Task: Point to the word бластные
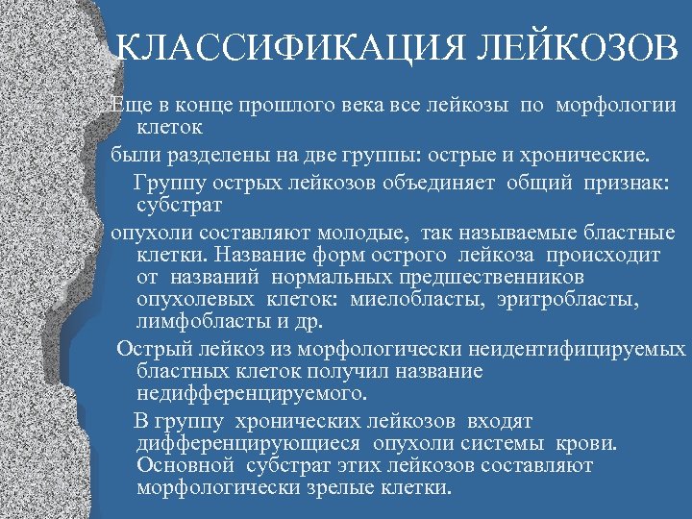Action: (624, 233)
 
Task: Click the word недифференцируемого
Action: (252, 393)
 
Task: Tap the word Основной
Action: (185, 465)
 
